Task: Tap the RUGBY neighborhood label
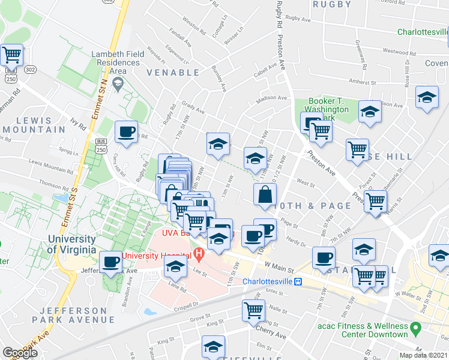[331, 4]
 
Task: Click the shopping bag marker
[265, 194]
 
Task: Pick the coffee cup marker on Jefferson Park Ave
[111, 262]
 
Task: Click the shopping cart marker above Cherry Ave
[254, 310]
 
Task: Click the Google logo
[20, 352]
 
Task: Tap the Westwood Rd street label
[403, 51]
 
